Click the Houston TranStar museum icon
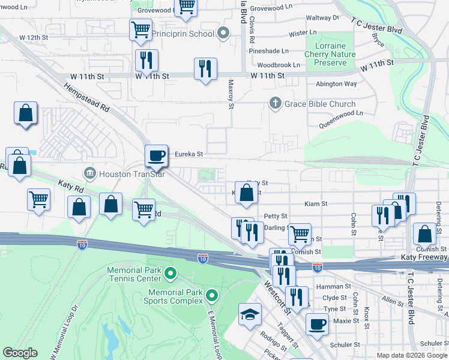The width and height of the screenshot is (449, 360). pos(89,173)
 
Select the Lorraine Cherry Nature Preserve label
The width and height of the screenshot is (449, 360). pos(325,54)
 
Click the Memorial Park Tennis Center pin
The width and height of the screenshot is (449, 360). pos(170,275)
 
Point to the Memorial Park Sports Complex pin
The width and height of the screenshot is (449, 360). pos(211,296)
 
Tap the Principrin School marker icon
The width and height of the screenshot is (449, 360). pos(224,34)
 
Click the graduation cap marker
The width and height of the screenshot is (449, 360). pos(249,314)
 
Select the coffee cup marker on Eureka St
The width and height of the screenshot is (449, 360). pos(156,155)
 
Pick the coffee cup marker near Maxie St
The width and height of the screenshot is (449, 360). pos(317,324)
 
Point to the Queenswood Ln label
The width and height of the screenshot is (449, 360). pos(343,113)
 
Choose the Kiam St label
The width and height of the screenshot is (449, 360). pos(315,204)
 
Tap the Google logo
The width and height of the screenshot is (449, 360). pos(19,353)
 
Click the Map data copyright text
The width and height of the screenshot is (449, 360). pos(411,355)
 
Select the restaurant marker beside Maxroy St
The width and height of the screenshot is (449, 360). pos(205,69)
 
